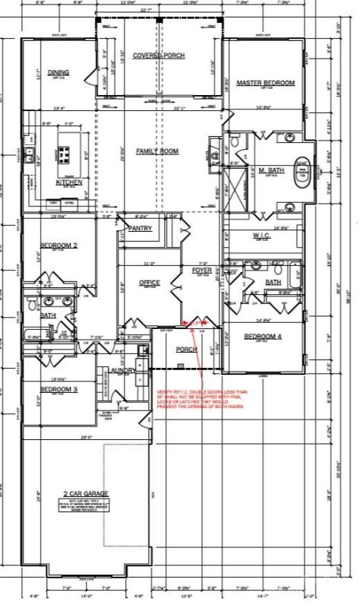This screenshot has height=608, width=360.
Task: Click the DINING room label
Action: (58, 73)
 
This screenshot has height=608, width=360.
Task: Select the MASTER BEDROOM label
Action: (265, 82)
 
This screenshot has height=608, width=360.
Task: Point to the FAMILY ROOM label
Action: (157, 152)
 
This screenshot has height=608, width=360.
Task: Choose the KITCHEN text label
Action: (69, 182)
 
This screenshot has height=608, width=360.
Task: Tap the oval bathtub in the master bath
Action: (302, 169)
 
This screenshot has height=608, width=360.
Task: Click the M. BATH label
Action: (271, 171)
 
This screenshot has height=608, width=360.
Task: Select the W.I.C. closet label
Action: (262, 236)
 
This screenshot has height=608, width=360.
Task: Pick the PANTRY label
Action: (141, 228)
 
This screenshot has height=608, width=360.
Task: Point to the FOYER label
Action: (201, 270)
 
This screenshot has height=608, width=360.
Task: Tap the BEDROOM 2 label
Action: (58, 245)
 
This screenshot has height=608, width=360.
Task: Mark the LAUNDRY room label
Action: (123, 370)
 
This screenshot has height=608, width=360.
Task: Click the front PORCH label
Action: (186, 350)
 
